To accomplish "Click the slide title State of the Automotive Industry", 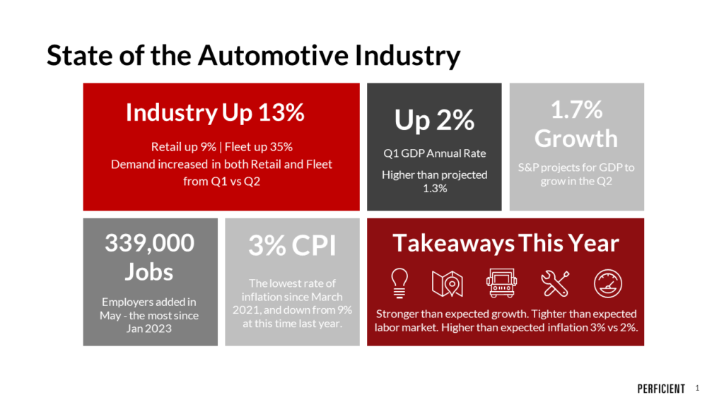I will tap(253, 55).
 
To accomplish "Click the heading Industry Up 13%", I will tap(215, 113).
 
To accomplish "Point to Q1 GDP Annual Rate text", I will tap(434, 153).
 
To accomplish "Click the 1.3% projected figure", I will tap(434, 188).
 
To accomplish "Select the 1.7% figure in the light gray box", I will tap(576, 110).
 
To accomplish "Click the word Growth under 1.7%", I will tap(576, 138).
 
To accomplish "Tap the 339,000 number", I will tap(149, 242).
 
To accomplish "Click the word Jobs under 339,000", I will tap(149, 271).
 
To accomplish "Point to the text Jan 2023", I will tap(149, 329).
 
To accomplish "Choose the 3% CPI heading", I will tap(292, 246).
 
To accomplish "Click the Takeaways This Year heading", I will tap(506, 243).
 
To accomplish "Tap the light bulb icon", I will tap(398, 283).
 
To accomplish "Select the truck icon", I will tap(501, 283).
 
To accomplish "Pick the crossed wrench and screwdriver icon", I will tap(555, 283).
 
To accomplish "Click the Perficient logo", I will tap(661, 389).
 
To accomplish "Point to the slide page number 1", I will tap(697, 388).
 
